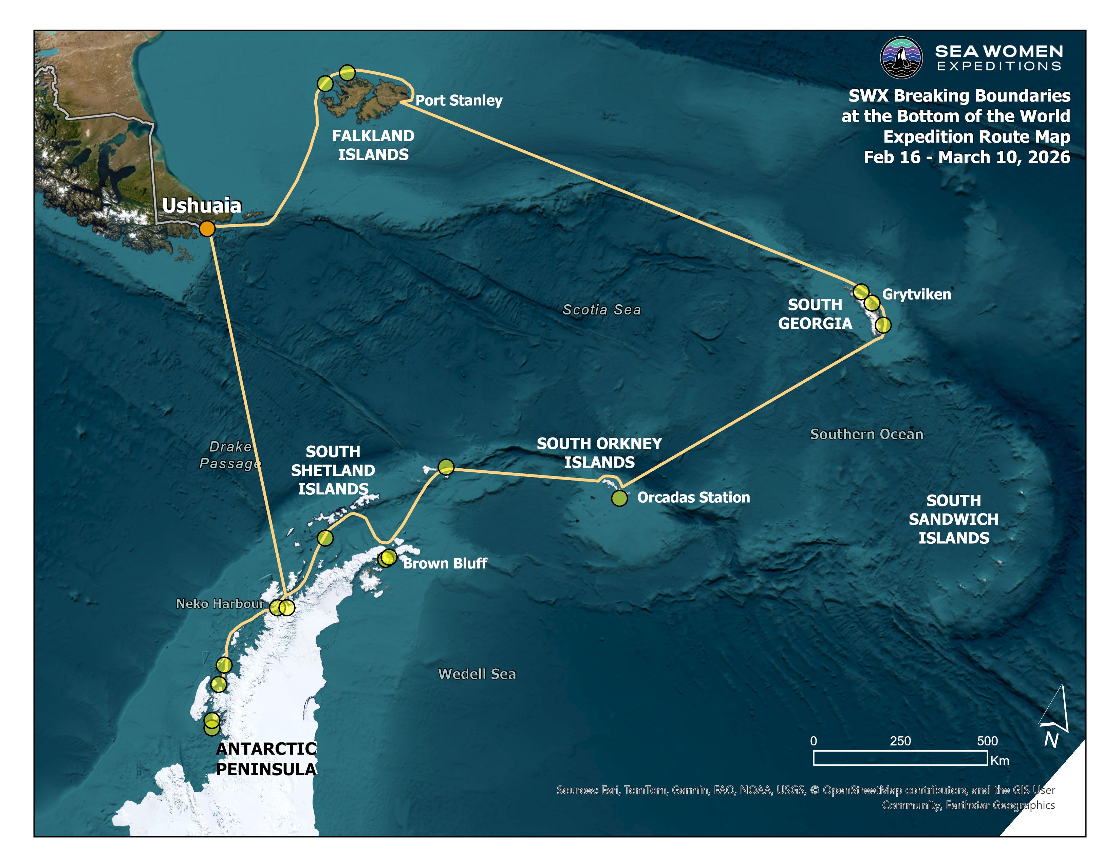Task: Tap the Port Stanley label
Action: coord(459,100)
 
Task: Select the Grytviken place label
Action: coord(916,294)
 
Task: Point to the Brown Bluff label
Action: coord(445,563)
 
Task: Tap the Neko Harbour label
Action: coord(220,603)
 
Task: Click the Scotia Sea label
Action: coord(601,309)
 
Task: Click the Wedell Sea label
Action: coord(477,674)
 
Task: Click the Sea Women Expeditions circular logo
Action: coord(901,57)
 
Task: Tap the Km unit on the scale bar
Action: coord(1000,760)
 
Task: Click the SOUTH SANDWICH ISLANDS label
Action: coord(953,519)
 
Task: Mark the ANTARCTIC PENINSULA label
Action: coord(266,759)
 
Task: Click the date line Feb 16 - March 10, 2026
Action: coord(967,157)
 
